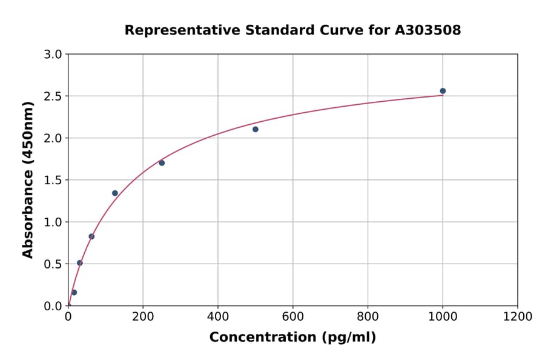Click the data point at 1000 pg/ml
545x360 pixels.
(x=443, y=91)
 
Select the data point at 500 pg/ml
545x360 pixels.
(x=256, y=129)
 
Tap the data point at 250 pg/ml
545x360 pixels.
(x=162, y=163)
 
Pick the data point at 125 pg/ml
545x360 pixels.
(x=115, y=193)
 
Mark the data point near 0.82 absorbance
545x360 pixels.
(x=91, y=236)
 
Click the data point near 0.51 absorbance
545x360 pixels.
(x=80, y=263)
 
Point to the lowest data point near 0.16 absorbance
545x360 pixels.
(x=74, y=292)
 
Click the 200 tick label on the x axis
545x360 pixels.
(x=143, y=317)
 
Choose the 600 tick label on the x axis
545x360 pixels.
(x=293, y=317)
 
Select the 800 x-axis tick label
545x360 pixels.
(x=368, y=317)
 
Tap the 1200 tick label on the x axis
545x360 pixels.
(x=518, y=317)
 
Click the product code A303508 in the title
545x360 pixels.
(x=428, y=30)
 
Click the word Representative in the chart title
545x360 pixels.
(x=172, y=30)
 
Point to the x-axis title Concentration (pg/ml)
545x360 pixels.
(x=292, y=338)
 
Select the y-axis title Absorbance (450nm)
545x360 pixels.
(x=28, y=179)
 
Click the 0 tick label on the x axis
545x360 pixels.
(x=68, y=317)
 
